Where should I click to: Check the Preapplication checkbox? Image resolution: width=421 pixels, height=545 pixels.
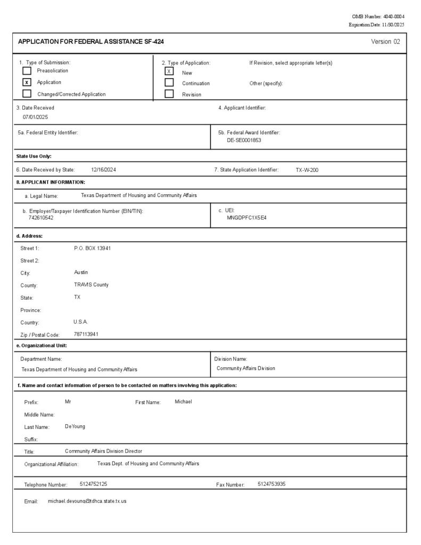(27, 70)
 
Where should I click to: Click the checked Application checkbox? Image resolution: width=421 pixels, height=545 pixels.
(27, 82)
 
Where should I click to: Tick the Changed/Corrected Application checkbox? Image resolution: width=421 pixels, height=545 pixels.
(27, 94)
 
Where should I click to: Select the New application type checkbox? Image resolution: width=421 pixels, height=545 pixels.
(169, 71)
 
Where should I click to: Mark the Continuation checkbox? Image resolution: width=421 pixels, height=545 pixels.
(169, 82)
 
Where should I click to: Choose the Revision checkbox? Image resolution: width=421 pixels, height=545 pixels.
(169, 94)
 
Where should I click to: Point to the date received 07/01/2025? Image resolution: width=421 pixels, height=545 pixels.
(35, 117)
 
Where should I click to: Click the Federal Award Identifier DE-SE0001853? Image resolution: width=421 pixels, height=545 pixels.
(244, 141)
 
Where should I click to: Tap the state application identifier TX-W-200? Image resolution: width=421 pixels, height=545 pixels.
(307, 170)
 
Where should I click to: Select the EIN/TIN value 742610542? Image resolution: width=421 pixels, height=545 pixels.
(41, 218)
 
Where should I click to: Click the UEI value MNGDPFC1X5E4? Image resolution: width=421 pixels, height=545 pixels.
(246, 218)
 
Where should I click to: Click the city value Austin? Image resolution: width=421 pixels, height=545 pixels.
(81, 272)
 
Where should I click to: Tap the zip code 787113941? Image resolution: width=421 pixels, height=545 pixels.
(86, 334)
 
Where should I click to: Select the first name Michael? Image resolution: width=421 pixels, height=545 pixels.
(183, 401)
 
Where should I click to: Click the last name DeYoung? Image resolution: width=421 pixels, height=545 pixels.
(75, 426)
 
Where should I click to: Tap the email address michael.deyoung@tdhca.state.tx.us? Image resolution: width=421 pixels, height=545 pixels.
(87, 501)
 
